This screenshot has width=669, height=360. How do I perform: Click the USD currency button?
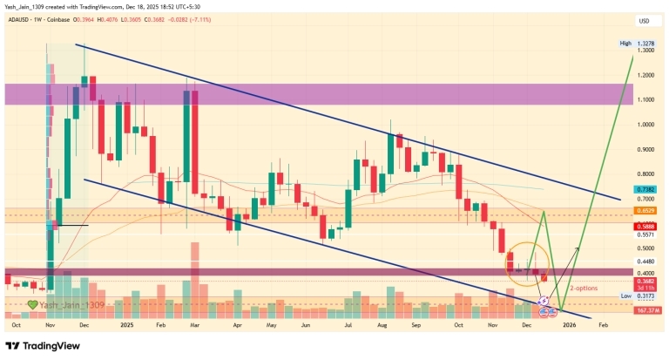(644, 21)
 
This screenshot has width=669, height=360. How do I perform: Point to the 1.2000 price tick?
(645, 76)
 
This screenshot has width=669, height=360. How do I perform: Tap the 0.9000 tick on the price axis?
(645, 149)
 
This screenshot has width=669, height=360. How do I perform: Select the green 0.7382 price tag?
(645, 188)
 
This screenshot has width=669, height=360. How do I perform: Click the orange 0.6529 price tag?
(645, 211)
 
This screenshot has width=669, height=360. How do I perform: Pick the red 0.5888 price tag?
(645, 225)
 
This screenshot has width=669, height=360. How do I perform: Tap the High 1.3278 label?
(638, 43)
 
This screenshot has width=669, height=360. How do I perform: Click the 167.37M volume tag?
(645, 309)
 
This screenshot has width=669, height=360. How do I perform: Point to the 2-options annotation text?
(584, 287)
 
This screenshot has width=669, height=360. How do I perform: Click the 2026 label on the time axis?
(569, 323)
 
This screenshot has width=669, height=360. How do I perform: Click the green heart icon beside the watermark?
(32, 305)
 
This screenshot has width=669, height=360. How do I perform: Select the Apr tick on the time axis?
(238, 323)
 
